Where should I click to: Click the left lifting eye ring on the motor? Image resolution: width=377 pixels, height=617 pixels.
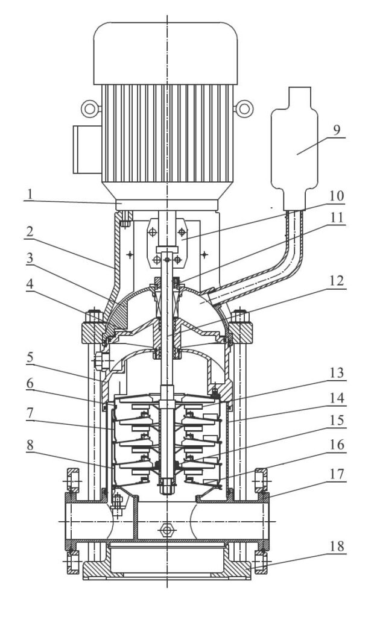[90, 108]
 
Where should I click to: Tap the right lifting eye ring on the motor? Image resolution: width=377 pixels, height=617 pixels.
[244, 108]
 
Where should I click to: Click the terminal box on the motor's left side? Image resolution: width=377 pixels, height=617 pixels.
[86, 149]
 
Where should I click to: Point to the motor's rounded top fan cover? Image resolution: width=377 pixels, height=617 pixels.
[167, 51]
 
